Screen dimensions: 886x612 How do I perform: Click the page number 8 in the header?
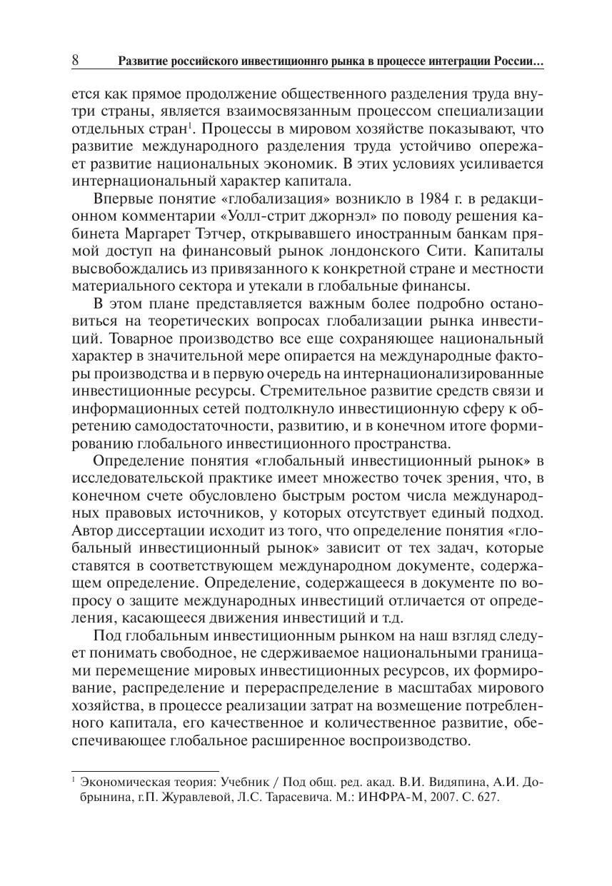click(x=75, y=61)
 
